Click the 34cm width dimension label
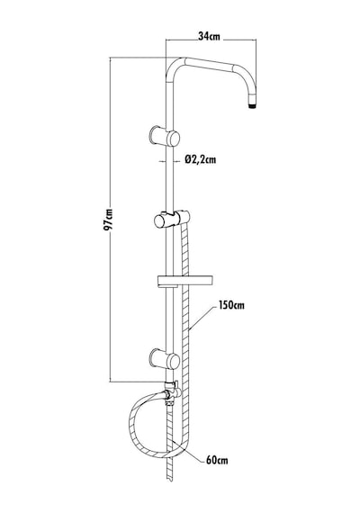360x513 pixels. click(209, 36)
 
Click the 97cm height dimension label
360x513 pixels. click(108, 220)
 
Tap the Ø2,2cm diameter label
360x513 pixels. click(201, 159)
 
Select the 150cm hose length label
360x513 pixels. click(231, 305)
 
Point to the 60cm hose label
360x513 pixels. click(217, 460)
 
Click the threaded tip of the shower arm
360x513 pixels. click(252, 105)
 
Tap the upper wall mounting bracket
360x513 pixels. click(165, 137)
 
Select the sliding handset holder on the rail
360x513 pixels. click(172, 219)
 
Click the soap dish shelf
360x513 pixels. click(185, 282)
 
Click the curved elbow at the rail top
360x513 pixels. click(174, 67)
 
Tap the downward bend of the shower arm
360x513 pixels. click(248, 84)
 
